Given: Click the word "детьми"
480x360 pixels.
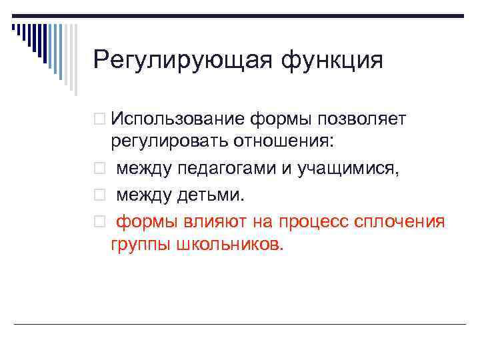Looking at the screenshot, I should coord(211,194).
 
